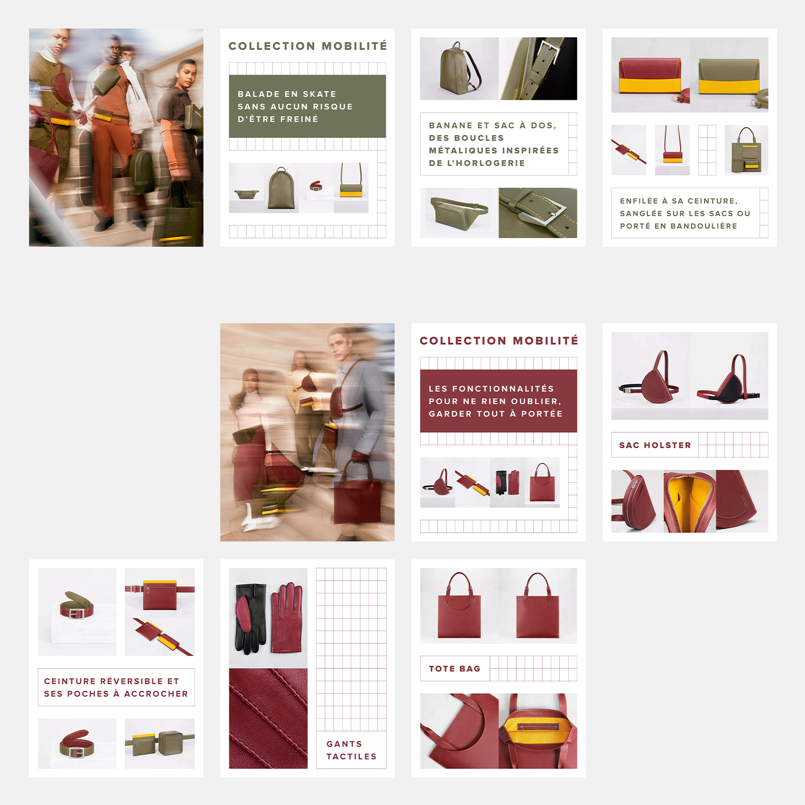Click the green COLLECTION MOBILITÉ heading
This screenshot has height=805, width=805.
(308, 46)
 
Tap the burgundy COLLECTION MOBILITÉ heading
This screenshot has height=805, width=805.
(499, 341)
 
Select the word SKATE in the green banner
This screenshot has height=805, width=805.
(320, 94)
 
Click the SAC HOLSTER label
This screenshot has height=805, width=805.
(655, 445)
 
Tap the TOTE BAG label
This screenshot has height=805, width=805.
(455, 668)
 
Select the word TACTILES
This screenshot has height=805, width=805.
(352, 757)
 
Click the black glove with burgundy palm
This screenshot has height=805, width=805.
(251, 618)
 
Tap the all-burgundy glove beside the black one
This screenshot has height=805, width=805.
(287, 617)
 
